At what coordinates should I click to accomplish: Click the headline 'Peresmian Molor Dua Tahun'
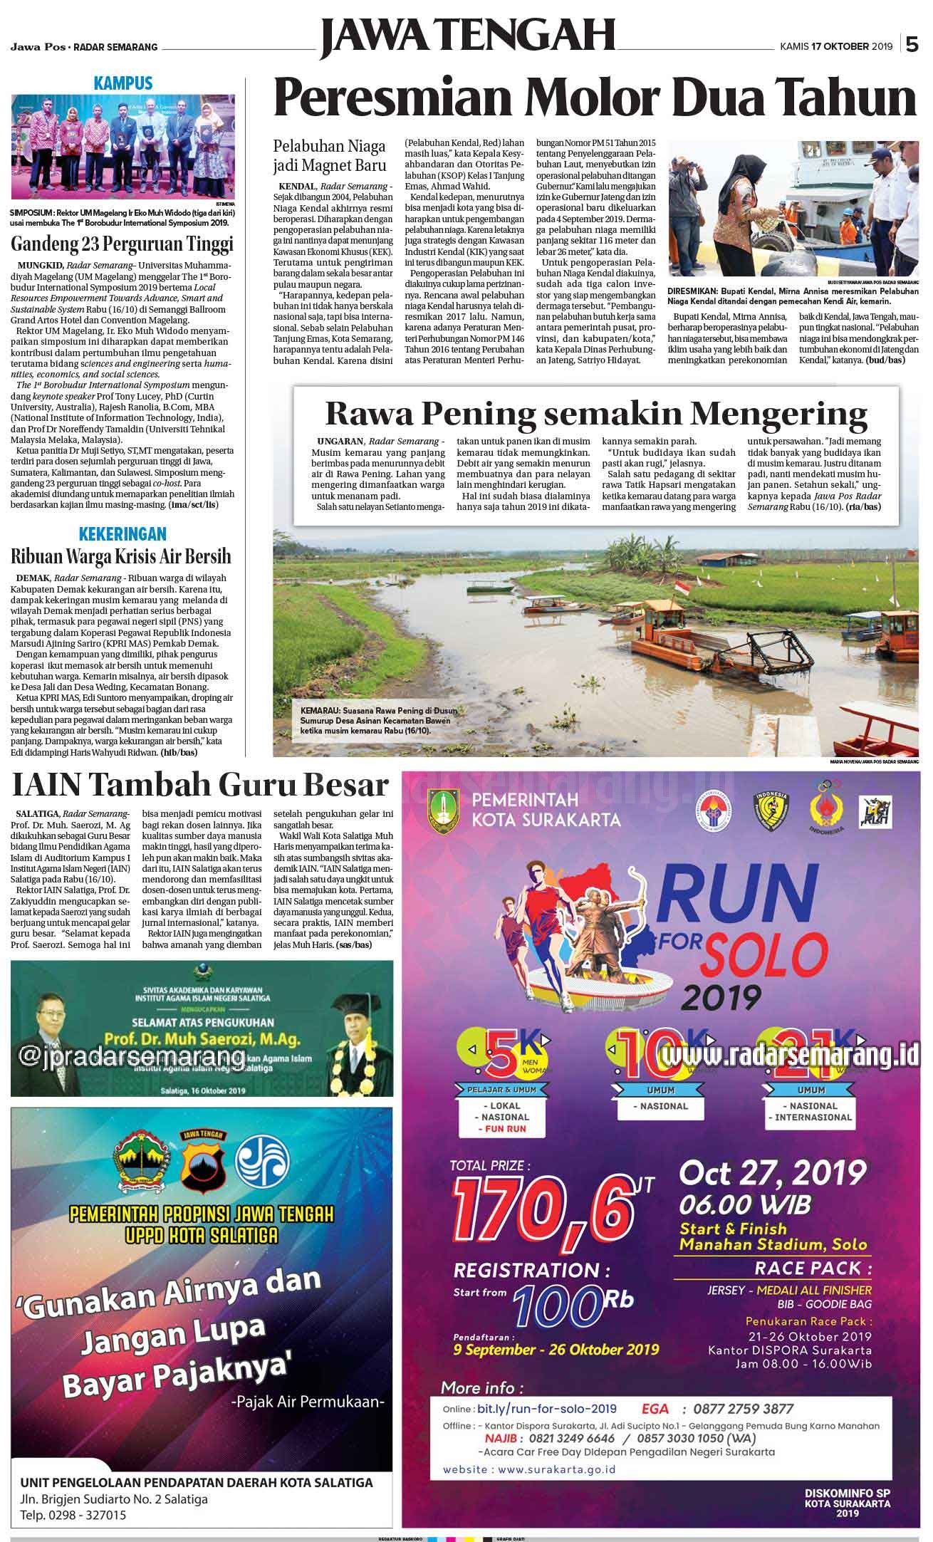pyautogui.click(x=595, y=99)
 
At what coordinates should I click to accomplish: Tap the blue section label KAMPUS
pyautogui.click(x=123, y=84)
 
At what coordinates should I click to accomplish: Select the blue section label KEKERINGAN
pyautogui.click(x=123, y=533)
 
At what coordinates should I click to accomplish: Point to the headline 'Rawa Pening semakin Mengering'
pyautogui.click(x=596, y=413)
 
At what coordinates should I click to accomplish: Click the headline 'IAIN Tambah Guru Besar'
pyautogui.click(x=201, y=786)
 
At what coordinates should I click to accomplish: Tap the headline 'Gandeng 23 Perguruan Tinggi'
pyautogui.click(x=123, y=244)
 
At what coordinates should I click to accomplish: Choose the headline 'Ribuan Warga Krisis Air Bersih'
pyautogui.click(x=121, y=556)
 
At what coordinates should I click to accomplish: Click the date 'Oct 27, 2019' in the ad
pyautogui.click(x=773, y=1172)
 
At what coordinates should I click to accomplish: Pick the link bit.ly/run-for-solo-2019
pyautogui.click(x=546, y=1409)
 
